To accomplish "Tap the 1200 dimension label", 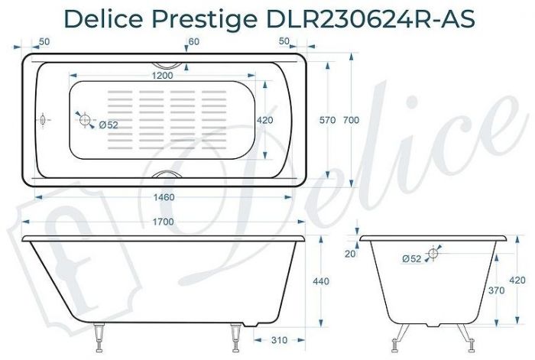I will click(x=162, y=75).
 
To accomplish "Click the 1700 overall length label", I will click(x=162, y=222).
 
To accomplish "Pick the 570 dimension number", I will click(x=327, y=121).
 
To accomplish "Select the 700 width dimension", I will click(x=351, y=121).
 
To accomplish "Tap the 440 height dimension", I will click(x=321, y=282).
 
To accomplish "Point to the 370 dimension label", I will click(x=498, y=290).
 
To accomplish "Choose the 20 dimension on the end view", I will click(x=349, y=254).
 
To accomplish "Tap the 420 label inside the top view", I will click(x=264, y=121).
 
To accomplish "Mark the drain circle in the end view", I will click(x=434, y=253).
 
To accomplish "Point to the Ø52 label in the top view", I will click(x=108, y=125).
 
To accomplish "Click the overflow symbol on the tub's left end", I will click(x=44, y=121).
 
